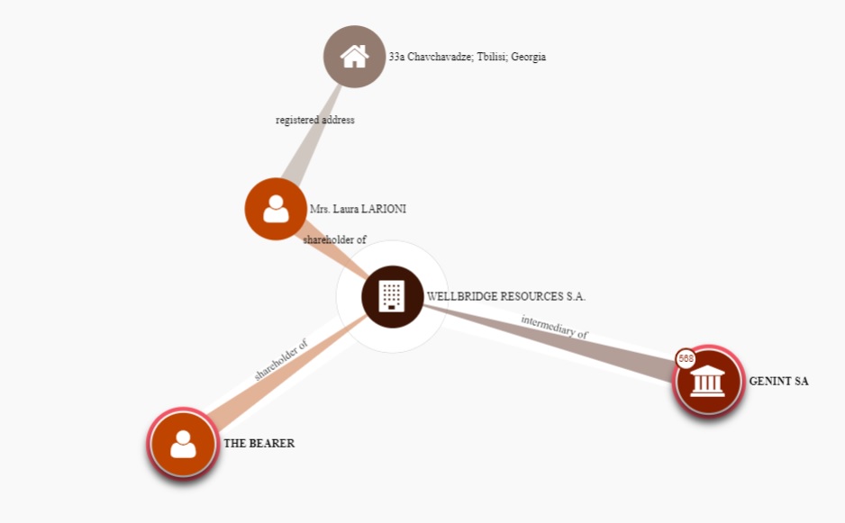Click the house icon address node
[354, 57]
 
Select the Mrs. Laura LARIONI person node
[276, 209]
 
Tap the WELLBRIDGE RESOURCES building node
[392, 296]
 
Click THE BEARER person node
[183, 443]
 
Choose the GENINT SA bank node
[709, 381]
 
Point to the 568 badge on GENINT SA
[686, 358]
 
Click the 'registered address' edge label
[315, 121]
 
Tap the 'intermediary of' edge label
[555, 326]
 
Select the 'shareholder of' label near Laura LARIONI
[334, 240]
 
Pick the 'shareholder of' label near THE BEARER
[281, 359]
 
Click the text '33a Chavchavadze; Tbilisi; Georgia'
[467, 57]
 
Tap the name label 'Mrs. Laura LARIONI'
[358, 209]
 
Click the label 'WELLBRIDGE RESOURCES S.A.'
[506, 296]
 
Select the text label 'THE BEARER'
[259, 443]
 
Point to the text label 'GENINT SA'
[778, 381]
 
